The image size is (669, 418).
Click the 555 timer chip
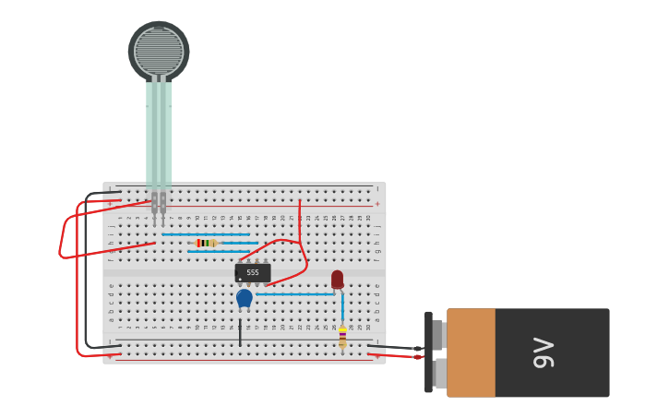[253, 273]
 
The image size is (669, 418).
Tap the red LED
[337, 278]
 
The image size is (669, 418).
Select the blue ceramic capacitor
[244, 297]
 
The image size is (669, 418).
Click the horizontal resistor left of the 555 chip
[206, 243]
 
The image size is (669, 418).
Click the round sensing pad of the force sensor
[159, 52]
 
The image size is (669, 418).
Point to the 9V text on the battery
[544, 352]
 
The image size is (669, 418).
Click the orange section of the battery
[471, 352]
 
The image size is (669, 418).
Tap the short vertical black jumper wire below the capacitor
[240, 332]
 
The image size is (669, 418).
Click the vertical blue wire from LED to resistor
[342, 307]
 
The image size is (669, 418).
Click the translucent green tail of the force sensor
[159, 134]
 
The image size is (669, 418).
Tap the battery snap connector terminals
[438, 352]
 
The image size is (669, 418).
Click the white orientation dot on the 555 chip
[240, 279]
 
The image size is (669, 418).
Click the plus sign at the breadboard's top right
[376, 203]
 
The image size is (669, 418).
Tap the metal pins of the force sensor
[159, 205]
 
